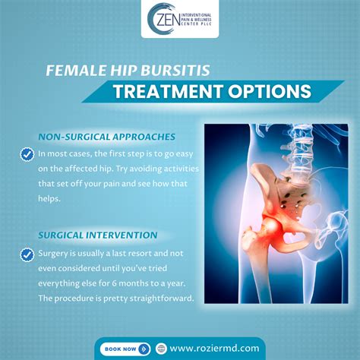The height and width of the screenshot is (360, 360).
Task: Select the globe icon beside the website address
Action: coord(161,349)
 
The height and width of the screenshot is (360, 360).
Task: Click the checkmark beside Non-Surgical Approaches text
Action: coord(25,154)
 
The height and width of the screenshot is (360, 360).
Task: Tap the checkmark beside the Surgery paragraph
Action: coord(25,252)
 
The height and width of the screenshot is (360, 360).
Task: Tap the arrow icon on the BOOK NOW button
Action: coord(144,349)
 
